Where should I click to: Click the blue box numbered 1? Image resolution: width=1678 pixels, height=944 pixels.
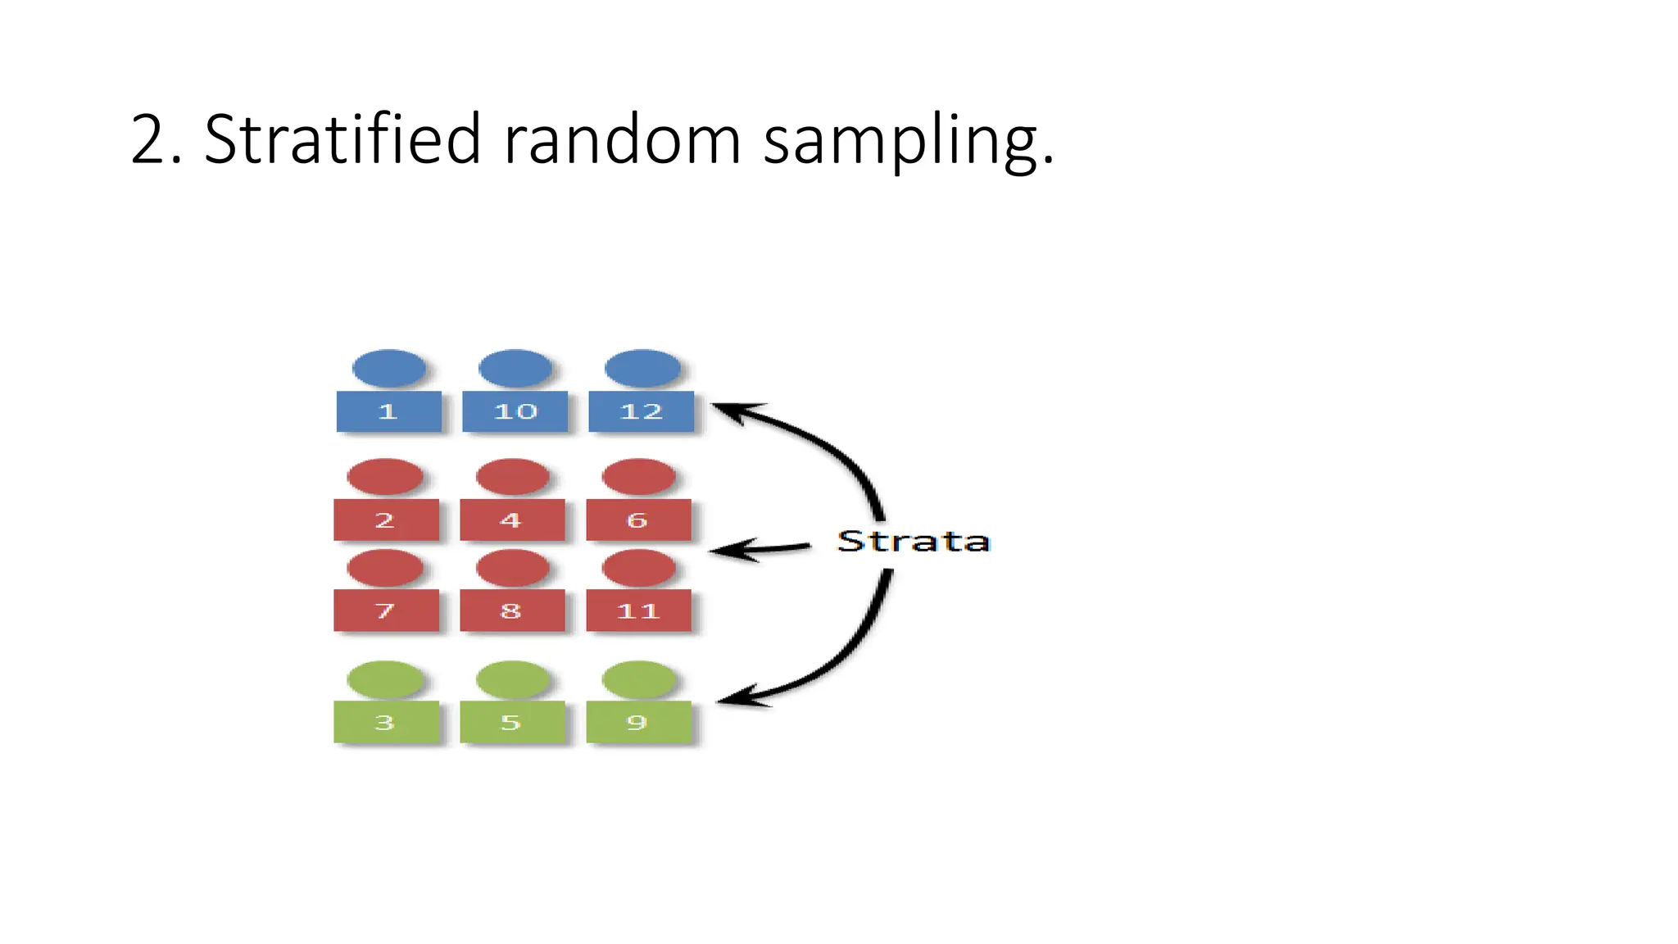[388, 411]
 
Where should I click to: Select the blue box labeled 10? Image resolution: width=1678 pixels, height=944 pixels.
[515, 411]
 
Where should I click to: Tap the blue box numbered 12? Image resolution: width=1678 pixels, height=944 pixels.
[641, 411]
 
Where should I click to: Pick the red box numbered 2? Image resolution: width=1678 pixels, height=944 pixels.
[386, 520]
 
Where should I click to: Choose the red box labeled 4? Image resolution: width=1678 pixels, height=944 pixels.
[512, 520]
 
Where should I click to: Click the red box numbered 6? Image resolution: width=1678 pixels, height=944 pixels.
[638, 520]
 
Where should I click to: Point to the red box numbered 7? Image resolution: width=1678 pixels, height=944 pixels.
[386, 610]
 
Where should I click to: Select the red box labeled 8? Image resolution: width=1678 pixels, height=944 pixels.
[512, 610]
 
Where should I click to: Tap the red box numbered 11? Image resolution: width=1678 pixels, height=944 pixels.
[638, 610]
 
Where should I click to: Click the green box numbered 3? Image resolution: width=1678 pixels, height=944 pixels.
[386, 722]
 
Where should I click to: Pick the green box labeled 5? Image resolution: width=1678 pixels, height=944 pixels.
[512, 722]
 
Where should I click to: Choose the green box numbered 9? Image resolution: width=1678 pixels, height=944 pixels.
[638, 722]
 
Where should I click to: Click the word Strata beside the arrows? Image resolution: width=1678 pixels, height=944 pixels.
[913, 542]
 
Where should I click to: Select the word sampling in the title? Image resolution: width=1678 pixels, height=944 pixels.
[908, 141]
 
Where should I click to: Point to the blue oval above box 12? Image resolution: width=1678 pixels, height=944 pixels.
[642, 368]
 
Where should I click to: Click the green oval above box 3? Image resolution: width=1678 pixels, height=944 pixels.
[386, 680]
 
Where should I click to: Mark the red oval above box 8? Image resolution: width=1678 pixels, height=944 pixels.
[512, 568]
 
